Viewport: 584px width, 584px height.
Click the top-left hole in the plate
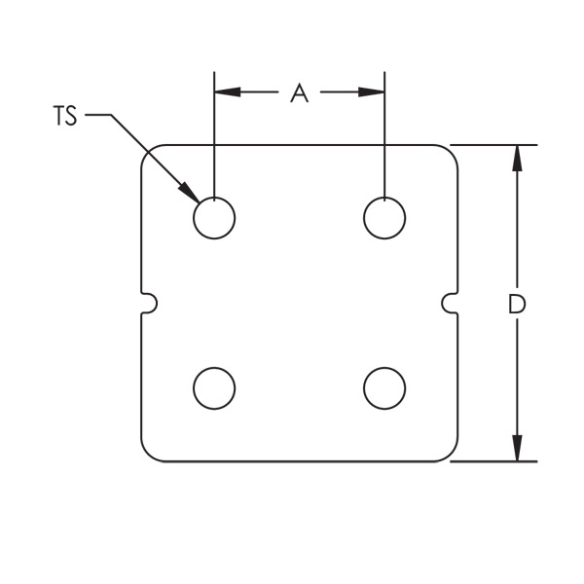pyautogui.click(x=214, y=217)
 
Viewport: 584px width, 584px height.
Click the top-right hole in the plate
pyautogui.click(x=384, y=217)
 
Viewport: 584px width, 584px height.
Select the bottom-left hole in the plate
pyautogui.click(x=214, y=388)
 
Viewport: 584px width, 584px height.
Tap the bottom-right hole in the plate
pyautogui.click(x=384, y=388)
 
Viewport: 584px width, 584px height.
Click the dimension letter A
pyautogui.click(x=299, y=92)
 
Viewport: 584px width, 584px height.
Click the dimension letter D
pyautogui.click(x=517, y=304)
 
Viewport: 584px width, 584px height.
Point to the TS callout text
pyautogui.click(x=65, y=117)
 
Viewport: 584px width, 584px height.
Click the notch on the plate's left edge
pyautogui.click(x=148, y=303)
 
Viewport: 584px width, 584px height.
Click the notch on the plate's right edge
pyautogui.click(x=451, y=303)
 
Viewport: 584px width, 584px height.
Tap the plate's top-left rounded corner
pyautogui.click(x=149, y=153)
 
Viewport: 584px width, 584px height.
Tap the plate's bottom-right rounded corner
pyautogui.click(x=450, y=454)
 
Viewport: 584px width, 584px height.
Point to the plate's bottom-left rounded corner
pyautogui.click(x=149, y=454)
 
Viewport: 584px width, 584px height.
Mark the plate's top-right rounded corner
pyautogui.click(x=450, y=153)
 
